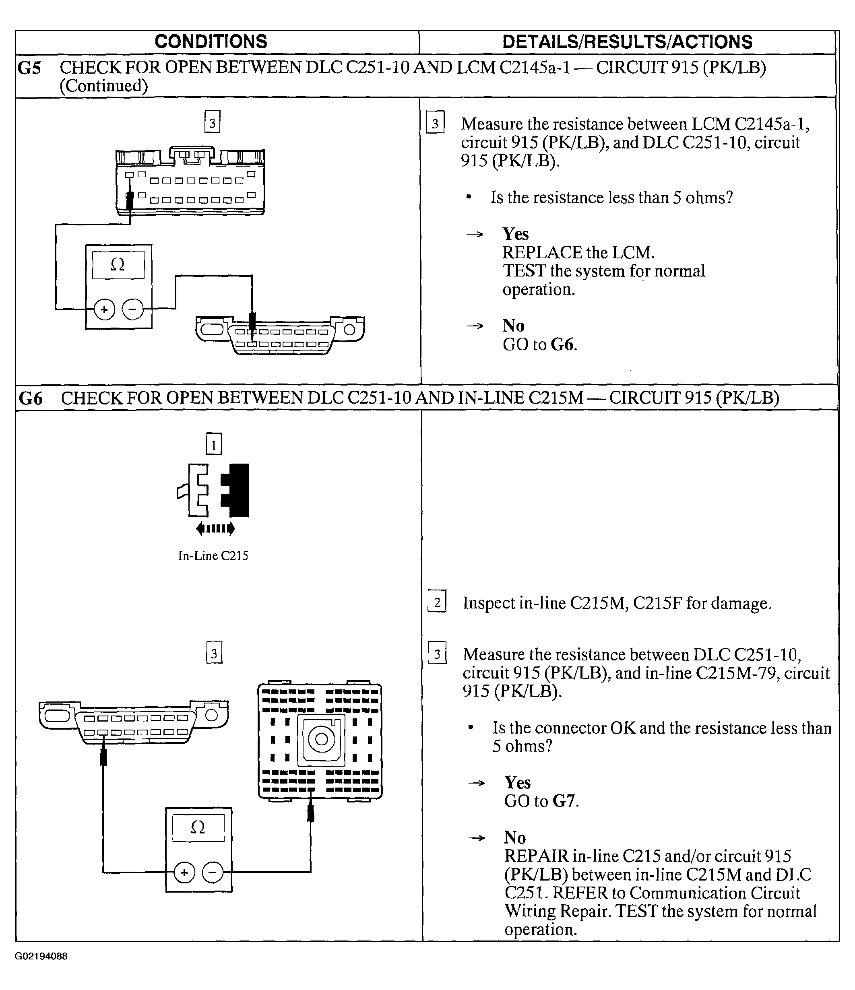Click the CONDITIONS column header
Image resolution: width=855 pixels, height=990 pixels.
point(211,41)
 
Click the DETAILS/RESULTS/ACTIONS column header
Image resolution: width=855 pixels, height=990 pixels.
point(627,42)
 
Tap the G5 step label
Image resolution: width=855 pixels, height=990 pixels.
point(29,68)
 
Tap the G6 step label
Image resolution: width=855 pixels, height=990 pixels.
point(31,398)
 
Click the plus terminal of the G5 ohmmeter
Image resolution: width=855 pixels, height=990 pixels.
point(104,309)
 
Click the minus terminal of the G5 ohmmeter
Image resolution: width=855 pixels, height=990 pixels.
point(132,309)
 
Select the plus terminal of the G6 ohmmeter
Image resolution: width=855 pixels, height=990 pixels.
point(184,873)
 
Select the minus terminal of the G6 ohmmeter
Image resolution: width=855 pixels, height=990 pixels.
point(213,873)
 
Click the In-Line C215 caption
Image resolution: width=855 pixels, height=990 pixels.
point(213,556)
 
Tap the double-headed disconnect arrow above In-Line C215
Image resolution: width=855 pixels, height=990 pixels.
point(215,528)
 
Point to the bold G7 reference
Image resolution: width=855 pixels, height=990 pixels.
point(564,801)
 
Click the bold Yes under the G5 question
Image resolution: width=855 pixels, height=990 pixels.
point(516,234)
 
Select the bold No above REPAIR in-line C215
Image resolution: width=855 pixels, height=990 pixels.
point(515,837)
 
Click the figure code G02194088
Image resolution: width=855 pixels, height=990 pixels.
point(41,956)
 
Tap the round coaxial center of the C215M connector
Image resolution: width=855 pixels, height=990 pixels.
point(321,739)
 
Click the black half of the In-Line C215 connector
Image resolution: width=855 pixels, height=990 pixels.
point(236,490)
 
